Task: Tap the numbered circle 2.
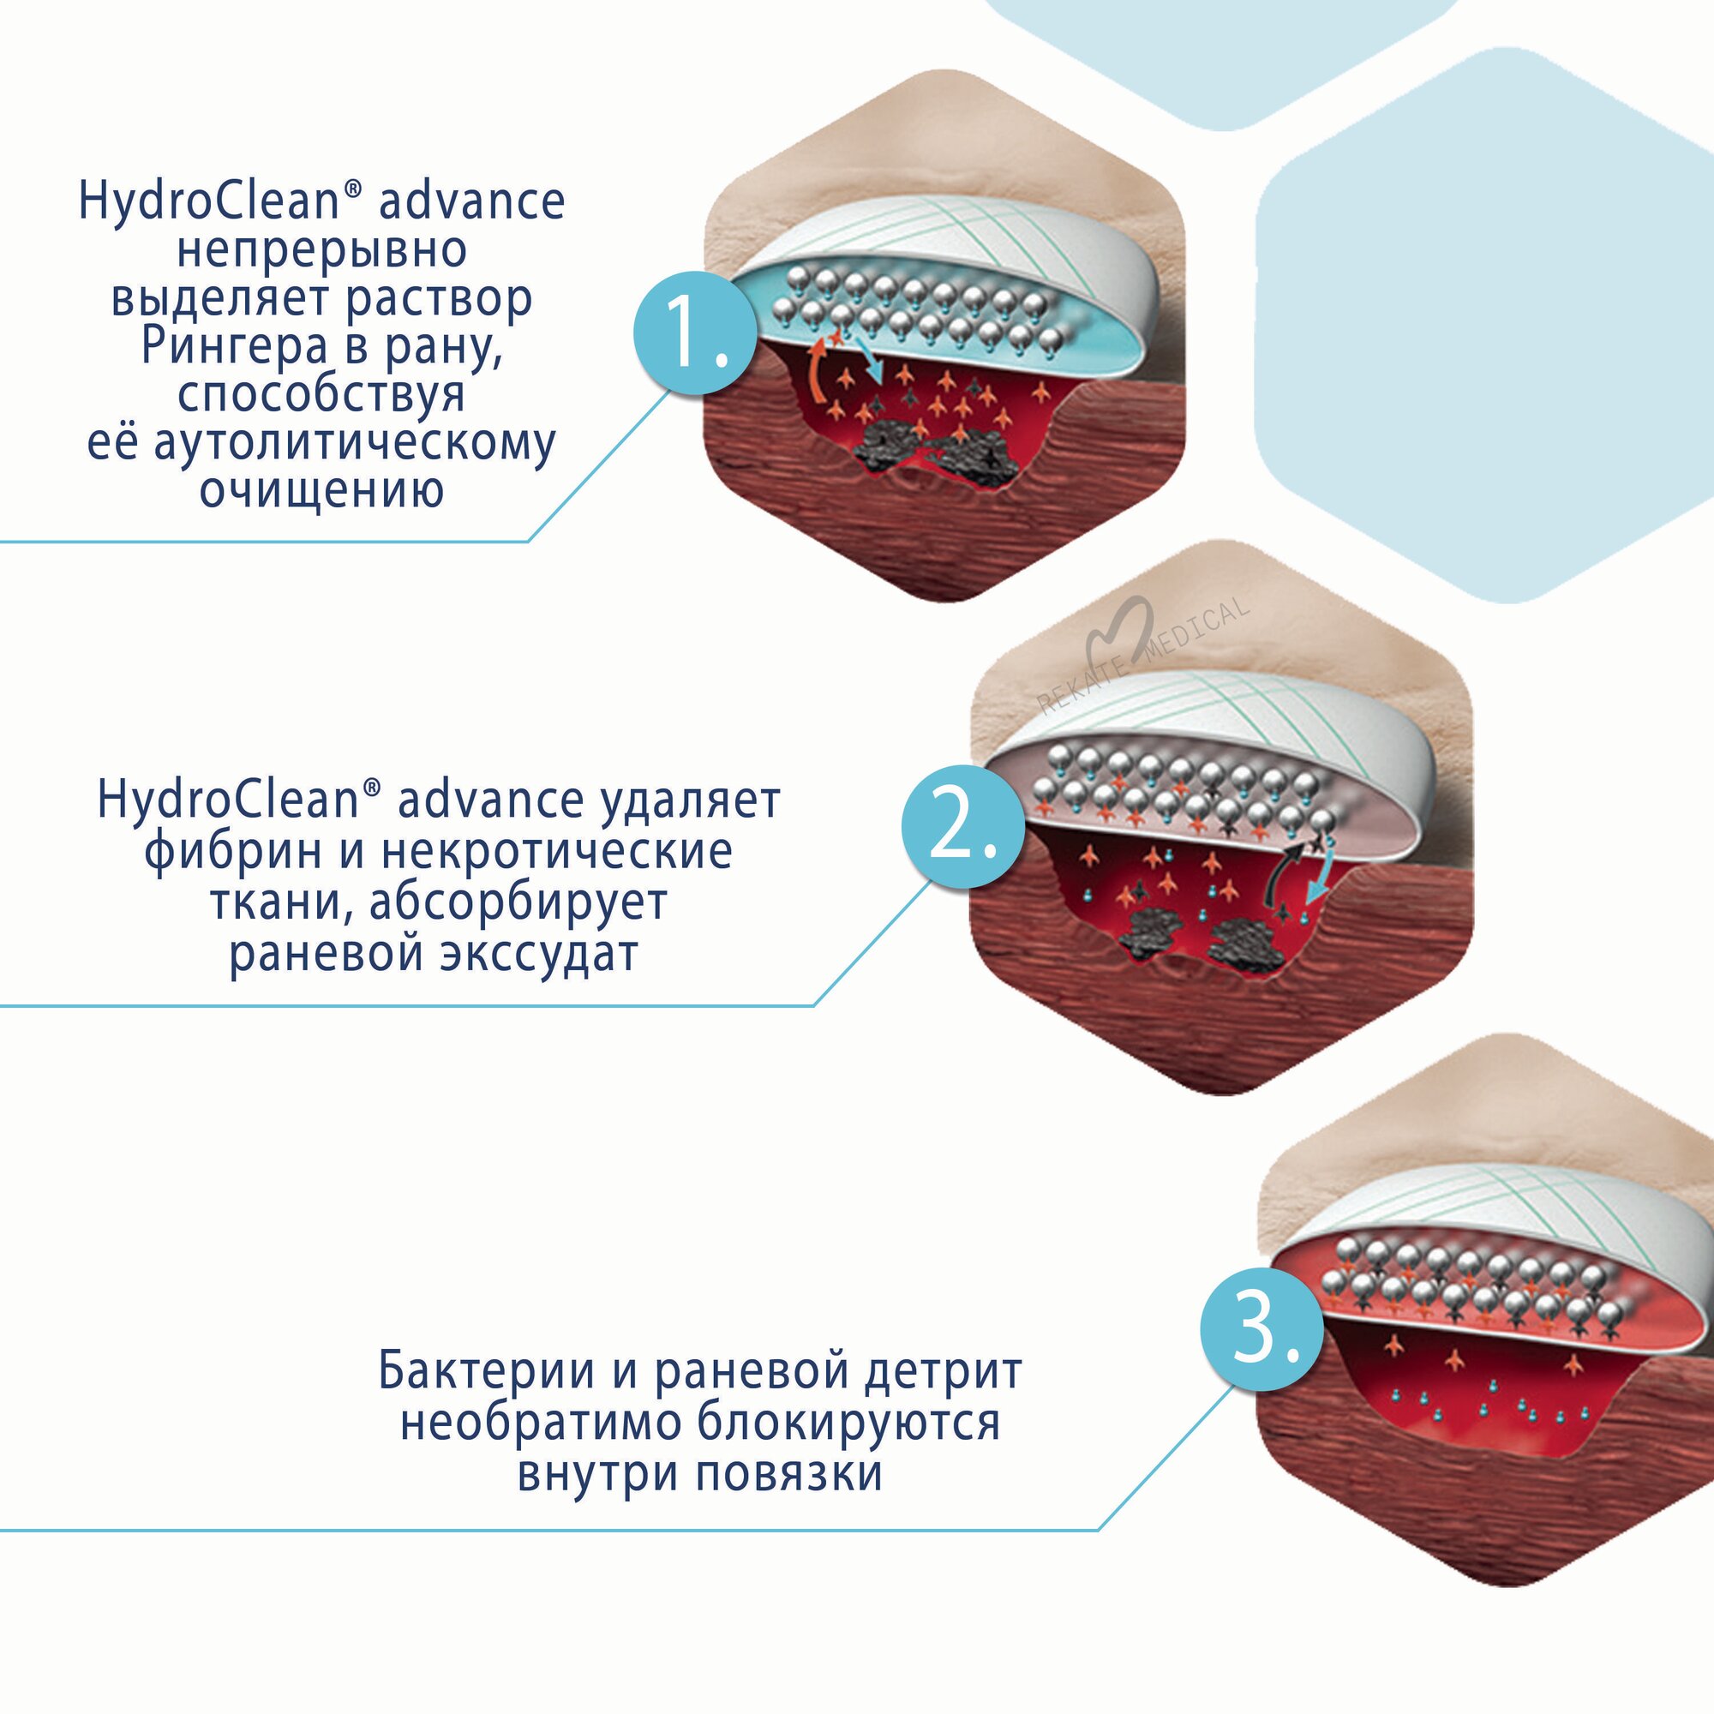pos(963,828)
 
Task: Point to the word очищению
pos(321,489)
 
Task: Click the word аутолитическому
pos(355,442)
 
